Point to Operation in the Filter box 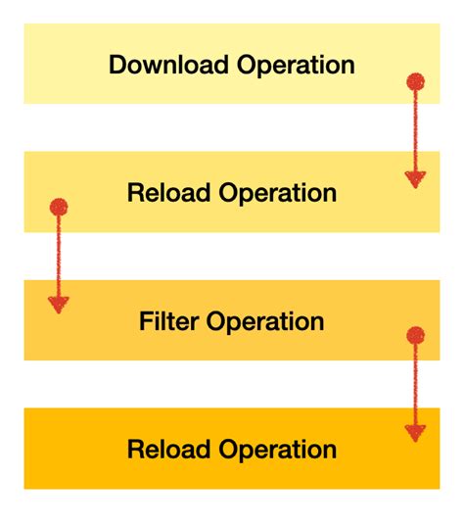(261, 322)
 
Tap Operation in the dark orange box (278, 451)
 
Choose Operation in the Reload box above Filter (278, 194)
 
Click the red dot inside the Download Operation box (415, 81)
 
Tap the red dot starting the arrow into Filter (59, 208)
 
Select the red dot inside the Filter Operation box (415, 336)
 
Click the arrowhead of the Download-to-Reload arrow (415, 179)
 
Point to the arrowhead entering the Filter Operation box (59, 305)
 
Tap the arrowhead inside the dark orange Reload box (415, 432)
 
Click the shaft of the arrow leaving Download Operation (415, 127)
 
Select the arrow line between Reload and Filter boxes (59, 255)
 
